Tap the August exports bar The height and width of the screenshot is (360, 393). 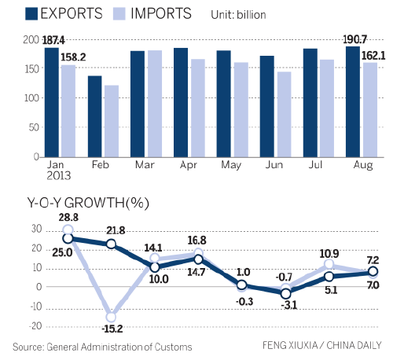(x=351, y=101)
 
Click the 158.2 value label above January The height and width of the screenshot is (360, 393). (x=75, y=56)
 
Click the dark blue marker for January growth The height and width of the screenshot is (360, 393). (x=68, y=238)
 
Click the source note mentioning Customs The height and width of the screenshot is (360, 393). (x=102, y=347)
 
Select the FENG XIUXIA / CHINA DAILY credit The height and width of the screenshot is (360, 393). (x=323, y=347)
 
